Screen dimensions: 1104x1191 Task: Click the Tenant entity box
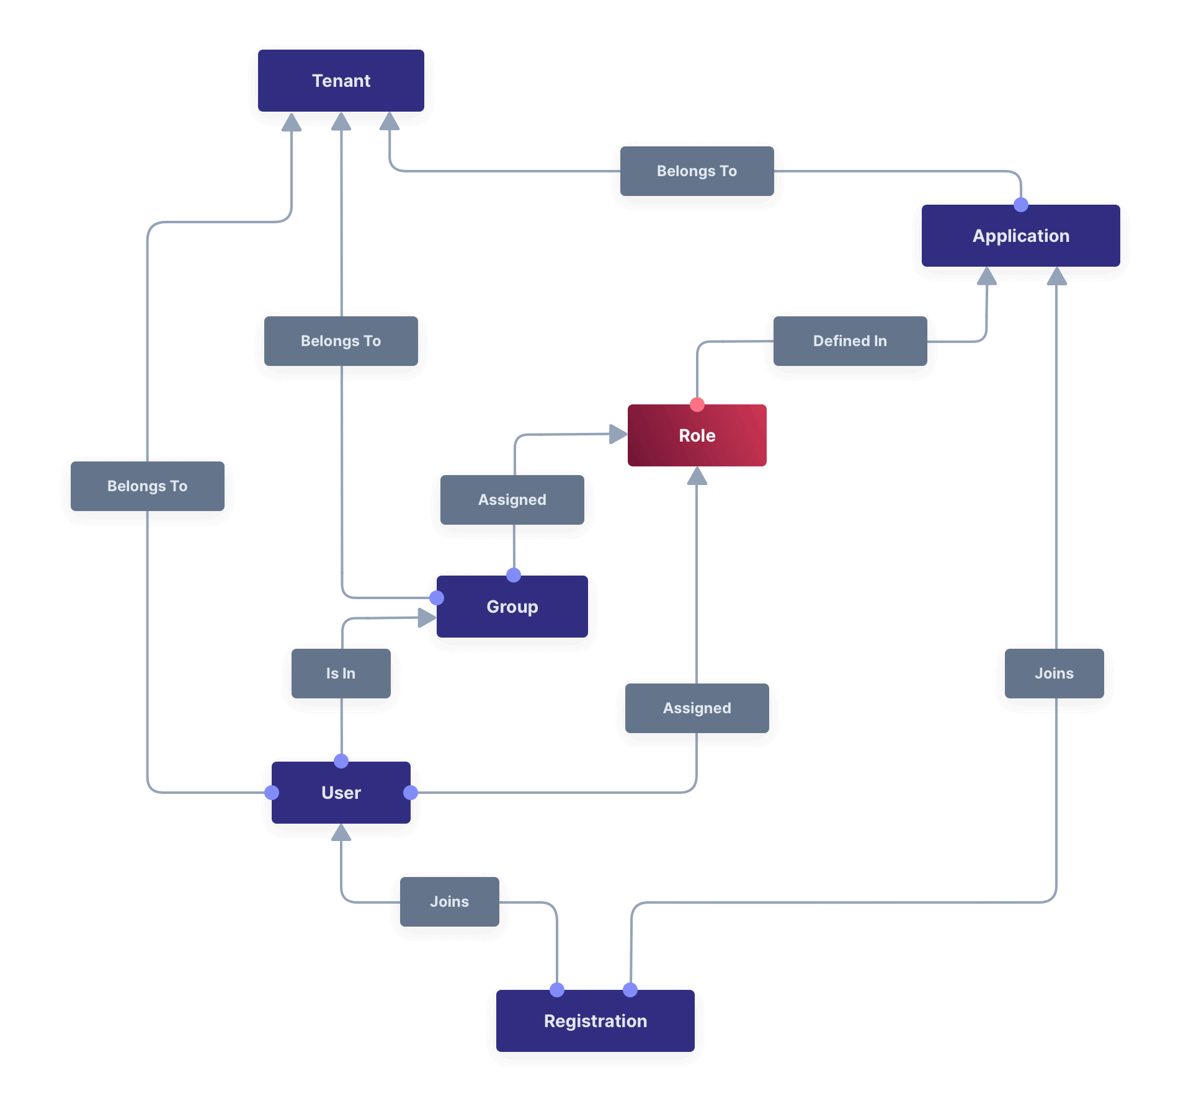coord(341,81)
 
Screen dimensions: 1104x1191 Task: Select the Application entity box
coord(1020,236)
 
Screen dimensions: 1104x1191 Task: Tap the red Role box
coord(697,435)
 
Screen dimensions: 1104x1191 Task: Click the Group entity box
coord(512,607)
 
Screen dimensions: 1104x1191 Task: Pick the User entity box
coord(341,793)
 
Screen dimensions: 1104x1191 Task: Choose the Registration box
coord(595,1021)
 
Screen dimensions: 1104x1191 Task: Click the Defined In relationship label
coord(850,341)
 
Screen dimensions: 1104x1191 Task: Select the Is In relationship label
coord(341,674)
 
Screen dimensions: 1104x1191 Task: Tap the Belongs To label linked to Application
coord(697,171)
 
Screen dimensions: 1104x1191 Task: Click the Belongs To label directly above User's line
coord(147,486)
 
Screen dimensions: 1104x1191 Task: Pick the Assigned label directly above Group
coord(512,500)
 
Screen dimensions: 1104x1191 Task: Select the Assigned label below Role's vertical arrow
coord(697,708)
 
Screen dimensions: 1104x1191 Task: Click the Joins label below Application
coord(1054,674)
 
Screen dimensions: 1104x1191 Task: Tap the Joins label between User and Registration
coord(449,902)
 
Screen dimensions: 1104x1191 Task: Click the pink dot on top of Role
coord(697,405)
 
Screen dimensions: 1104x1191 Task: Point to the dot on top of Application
coord(1021,205)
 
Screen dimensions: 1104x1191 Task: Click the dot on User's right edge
coord(411,793)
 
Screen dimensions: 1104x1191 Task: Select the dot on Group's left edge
coord(437,598)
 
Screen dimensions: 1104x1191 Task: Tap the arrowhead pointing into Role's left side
coord(618,434)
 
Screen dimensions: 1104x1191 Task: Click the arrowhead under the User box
coord(341,832)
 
